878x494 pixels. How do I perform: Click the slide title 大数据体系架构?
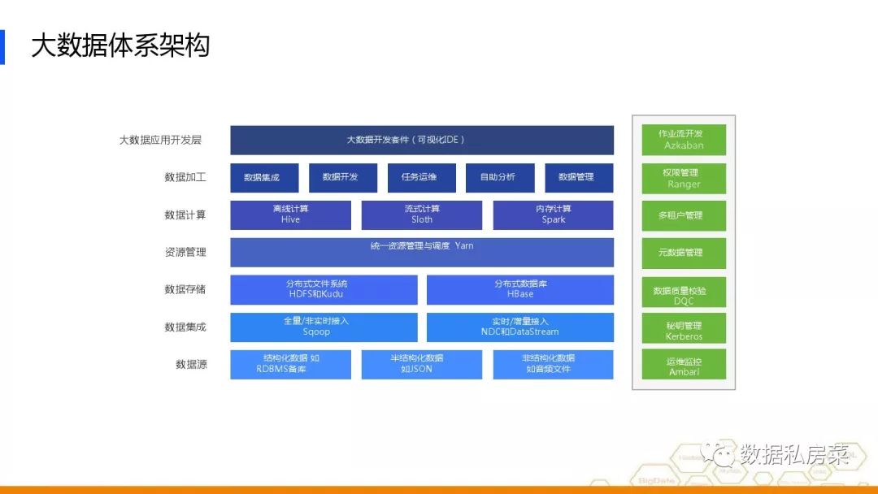(x=120, y=46)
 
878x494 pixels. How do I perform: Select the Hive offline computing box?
(x=290, y=214)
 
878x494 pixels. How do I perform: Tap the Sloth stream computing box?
(x=421, y=214)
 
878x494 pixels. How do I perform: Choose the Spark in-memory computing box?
(x=553, y=214)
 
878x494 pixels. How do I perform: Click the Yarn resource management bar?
(x=421, y=252)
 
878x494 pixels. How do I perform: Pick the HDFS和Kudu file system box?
(x=324, y=289)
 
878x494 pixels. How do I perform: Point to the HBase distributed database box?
(x=519, y=289)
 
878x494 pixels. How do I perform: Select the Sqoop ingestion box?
(x=324, y=327)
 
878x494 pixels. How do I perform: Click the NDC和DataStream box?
(x=519, y=327)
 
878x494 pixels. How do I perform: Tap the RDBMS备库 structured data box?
(x=290, y=364)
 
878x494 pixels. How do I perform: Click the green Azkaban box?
(x=684, y=140)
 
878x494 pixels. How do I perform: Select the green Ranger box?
(x=684, y=178)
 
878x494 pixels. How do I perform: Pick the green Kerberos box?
(x=684, y=330)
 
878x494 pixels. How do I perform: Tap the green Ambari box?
(x=684, y=366)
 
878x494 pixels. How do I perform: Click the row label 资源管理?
(x=185, y=252)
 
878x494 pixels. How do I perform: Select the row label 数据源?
(x=191, y=364)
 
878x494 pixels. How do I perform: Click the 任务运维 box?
(x=419, y=177)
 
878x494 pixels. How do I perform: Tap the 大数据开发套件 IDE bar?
(x=421, y=140)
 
